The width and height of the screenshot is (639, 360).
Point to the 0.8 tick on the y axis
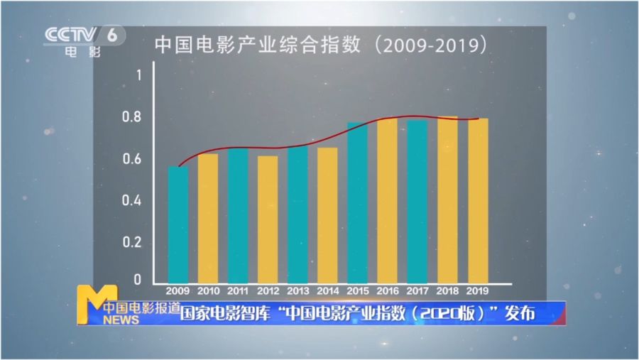click(x=133, y=117)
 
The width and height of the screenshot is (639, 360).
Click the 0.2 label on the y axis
click(x=133, y=242)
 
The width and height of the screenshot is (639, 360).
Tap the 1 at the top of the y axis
click(x=139, y=75)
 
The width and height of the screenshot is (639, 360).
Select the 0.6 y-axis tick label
click(x=133, y=159)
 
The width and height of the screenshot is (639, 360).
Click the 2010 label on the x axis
click(x=207, y=290)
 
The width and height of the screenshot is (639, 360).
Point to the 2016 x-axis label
click(x=387, y=290)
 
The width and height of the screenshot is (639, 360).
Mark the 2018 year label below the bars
click(x=447, y=290)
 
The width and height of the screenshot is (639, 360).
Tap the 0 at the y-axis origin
click(x=138, y=280)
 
